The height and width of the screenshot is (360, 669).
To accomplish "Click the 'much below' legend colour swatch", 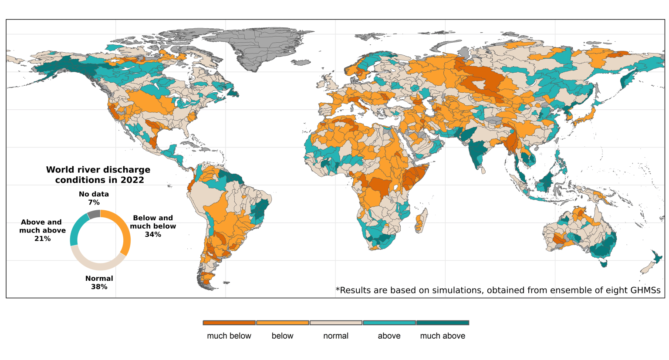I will (229, 323).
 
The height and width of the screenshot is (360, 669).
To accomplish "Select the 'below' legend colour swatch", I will (283, 323).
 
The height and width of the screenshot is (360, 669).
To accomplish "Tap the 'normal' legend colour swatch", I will (336, 323).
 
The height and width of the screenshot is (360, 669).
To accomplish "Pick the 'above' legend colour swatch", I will (389, 323).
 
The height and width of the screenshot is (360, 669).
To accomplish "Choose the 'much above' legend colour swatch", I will (443, 323).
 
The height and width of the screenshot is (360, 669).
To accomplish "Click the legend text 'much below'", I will (229, 336).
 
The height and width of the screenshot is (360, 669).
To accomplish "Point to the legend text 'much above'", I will (443, 336).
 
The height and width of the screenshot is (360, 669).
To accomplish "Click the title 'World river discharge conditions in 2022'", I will (98, 175).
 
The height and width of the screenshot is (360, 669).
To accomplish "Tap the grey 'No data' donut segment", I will (94, 214).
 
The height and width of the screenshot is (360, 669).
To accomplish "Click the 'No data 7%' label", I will (94, 198).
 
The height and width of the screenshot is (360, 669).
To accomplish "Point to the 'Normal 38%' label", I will (99, 283).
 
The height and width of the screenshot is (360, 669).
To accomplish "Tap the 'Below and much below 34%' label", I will (153, 226).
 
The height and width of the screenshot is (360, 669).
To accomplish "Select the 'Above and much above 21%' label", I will (42, 230).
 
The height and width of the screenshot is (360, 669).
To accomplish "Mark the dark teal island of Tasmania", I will (603, 263).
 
